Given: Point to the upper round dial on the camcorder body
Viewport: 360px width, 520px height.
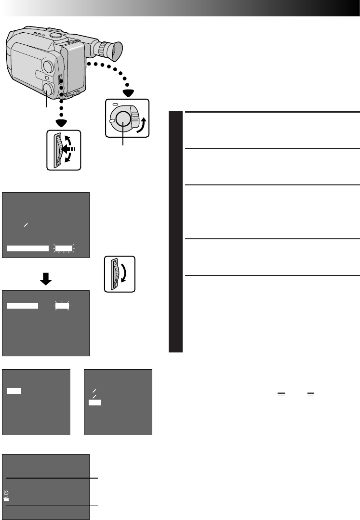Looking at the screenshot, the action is pos(48,66).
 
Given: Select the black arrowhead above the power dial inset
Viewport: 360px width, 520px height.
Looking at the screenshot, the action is pos(128,93).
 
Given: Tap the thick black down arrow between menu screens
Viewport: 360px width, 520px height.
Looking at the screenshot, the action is pos(46,280).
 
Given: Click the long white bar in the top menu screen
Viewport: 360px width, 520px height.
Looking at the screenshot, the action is pos(28,248).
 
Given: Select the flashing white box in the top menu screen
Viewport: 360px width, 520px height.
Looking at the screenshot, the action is pos(63,248).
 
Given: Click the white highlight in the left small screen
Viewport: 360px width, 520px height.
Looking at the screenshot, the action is pos(13,392).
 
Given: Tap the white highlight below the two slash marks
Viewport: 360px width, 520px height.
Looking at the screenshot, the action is pos(94,402).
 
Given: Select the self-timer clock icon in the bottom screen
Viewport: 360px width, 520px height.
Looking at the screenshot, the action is pos(6,493).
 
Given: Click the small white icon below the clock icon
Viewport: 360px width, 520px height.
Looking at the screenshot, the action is pos(6,499).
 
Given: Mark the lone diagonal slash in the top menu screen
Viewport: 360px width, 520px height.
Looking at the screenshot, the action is pos(27,225).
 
